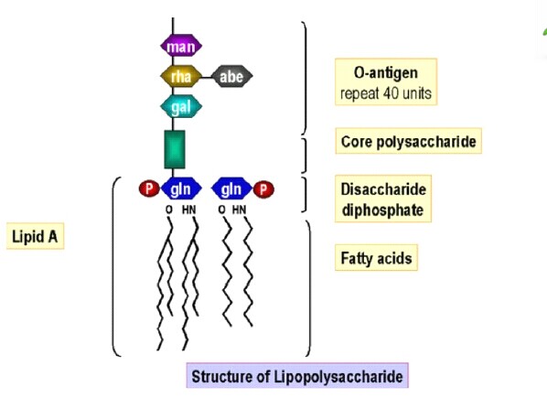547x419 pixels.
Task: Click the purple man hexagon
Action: (181, 46)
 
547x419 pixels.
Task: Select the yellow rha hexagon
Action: (181, 76)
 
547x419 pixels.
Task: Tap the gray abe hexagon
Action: (231, 76)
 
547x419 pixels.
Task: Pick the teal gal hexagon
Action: (181, 106)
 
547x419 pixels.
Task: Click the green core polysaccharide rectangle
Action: (175, 149)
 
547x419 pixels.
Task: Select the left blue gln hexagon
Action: (181, 188)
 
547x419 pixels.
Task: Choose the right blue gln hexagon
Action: (231, 188)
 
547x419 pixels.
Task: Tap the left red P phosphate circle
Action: (149, 188)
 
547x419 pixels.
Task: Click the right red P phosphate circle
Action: (263, 189)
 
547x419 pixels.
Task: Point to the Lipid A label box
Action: (35, 236)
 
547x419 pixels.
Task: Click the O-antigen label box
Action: (386, 82)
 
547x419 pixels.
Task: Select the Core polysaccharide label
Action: (409, 141)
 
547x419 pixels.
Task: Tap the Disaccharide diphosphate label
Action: (383, 199)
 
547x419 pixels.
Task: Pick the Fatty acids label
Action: (376, 258)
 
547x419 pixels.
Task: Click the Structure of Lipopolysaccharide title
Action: (297, 376)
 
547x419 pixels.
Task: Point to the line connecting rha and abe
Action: (207, 77)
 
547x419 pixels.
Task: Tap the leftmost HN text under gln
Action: (189, 209)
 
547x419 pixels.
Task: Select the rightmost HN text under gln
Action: (240, 209)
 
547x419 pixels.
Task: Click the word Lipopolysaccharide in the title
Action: (338, 377)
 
